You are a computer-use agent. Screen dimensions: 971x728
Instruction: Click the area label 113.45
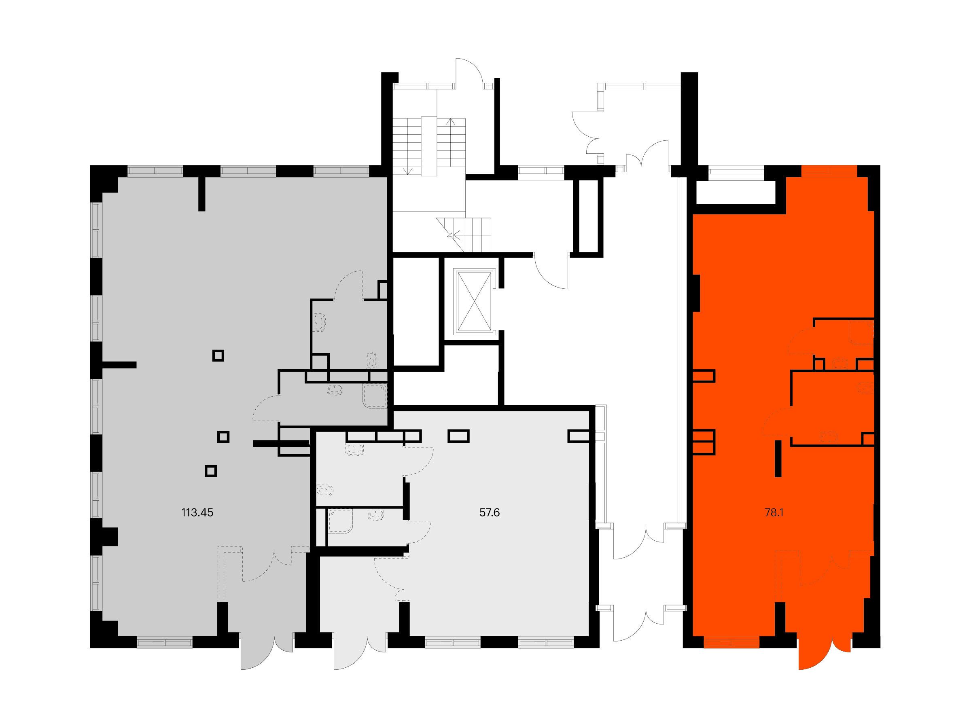pos(197,512)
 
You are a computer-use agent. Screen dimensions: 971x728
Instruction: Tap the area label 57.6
pos(490,512)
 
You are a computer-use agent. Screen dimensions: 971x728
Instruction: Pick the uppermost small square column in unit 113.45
pos(218,356)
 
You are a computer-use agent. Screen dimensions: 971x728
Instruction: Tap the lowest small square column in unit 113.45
pos(211,471)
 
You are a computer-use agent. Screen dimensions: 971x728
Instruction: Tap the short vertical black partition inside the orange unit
pos(778,459)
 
